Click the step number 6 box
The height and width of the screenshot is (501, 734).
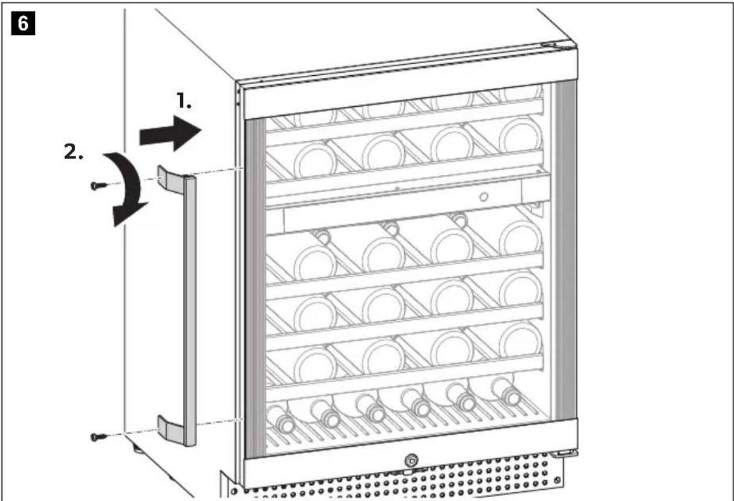click(x=23, y=23)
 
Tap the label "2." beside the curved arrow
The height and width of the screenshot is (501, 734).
click(x=73, y=151)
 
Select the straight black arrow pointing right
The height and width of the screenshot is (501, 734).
click(x=170, y=133)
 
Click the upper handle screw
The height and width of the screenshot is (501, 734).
click(x=98, y=185)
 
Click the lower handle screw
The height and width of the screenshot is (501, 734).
click(x=98, y=437)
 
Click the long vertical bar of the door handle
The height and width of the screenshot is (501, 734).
click(x=190, y=311)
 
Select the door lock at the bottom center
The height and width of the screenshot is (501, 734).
click(x=411, y=460)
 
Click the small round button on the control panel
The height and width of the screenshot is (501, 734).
click(x=484, y=197)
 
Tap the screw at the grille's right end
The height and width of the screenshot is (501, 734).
click(x=557, y=481)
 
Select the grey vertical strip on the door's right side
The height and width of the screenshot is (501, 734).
click(x=565, y=250)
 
